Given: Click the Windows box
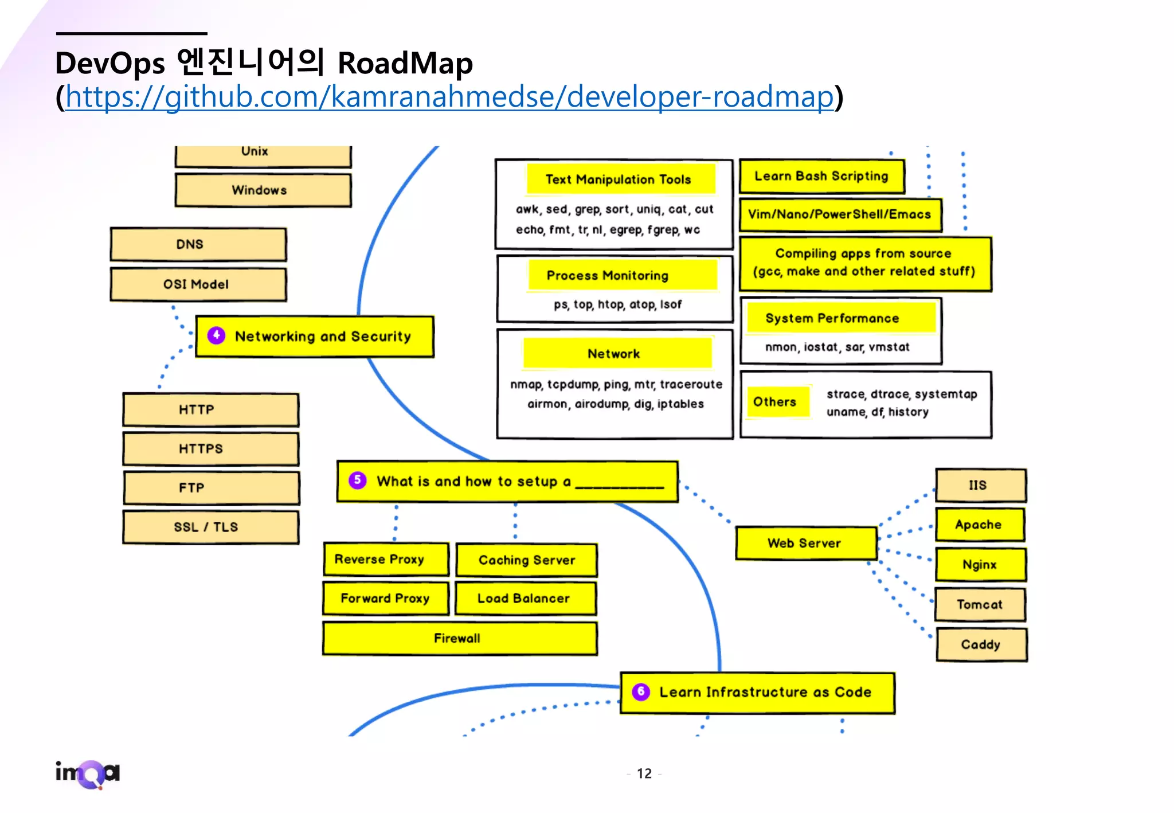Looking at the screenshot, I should (263, 190).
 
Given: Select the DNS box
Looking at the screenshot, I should (198, 244).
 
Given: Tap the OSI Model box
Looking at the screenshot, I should (198, 284).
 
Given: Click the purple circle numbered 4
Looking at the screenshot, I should (216, 335).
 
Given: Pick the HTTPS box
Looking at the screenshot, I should (211, 449).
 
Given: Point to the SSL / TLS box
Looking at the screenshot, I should (211, 527).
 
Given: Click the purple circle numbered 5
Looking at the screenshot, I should (357, 480).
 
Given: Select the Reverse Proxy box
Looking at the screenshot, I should (386, 559).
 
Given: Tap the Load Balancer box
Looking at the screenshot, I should (526, 599).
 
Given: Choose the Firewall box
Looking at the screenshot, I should (460, 638).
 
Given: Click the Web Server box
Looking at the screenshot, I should (806, 543).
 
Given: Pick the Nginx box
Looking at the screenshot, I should (980, 565).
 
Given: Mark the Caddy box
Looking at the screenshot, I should (981, 644).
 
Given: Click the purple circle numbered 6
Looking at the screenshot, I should (641, 691).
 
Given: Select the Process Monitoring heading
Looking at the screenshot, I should (622, 275).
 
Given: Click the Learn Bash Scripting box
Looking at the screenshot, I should (821, 176).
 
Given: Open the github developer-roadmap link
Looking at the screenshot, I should (449, 96).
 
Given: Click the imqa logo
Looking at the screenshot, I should (88, 773).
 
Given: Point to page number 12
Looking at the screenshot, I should (644, 773).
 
